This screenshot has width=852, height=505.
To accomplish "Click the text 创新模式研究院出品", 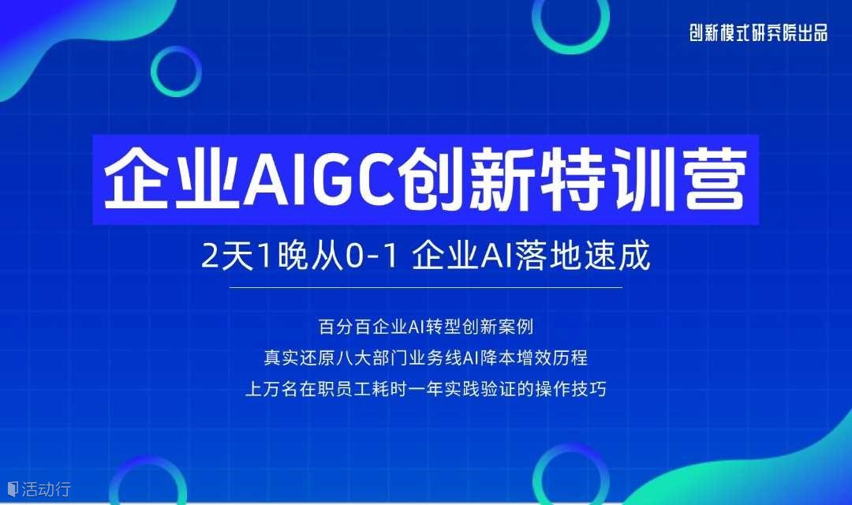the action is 759,33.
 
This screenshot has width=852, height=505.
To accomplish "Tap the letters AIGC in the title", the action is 319,179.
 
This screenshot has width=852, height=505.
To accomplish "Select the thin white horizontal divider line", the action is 425,287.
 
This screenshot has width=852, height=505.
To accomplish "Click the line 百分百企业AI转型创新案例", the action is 425,327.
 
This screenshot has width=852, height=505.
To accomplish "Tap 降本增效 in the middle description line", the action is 516,357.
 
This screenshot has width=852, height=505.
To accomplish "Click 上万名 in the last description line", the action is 272,389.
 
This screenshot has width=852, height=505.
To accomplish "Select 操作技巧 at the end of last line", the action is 570,389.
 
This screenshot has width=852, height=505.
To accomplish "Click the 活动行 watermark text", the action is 47,488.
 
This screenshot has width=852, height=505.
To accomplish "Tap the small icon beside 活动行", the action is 13,488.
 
